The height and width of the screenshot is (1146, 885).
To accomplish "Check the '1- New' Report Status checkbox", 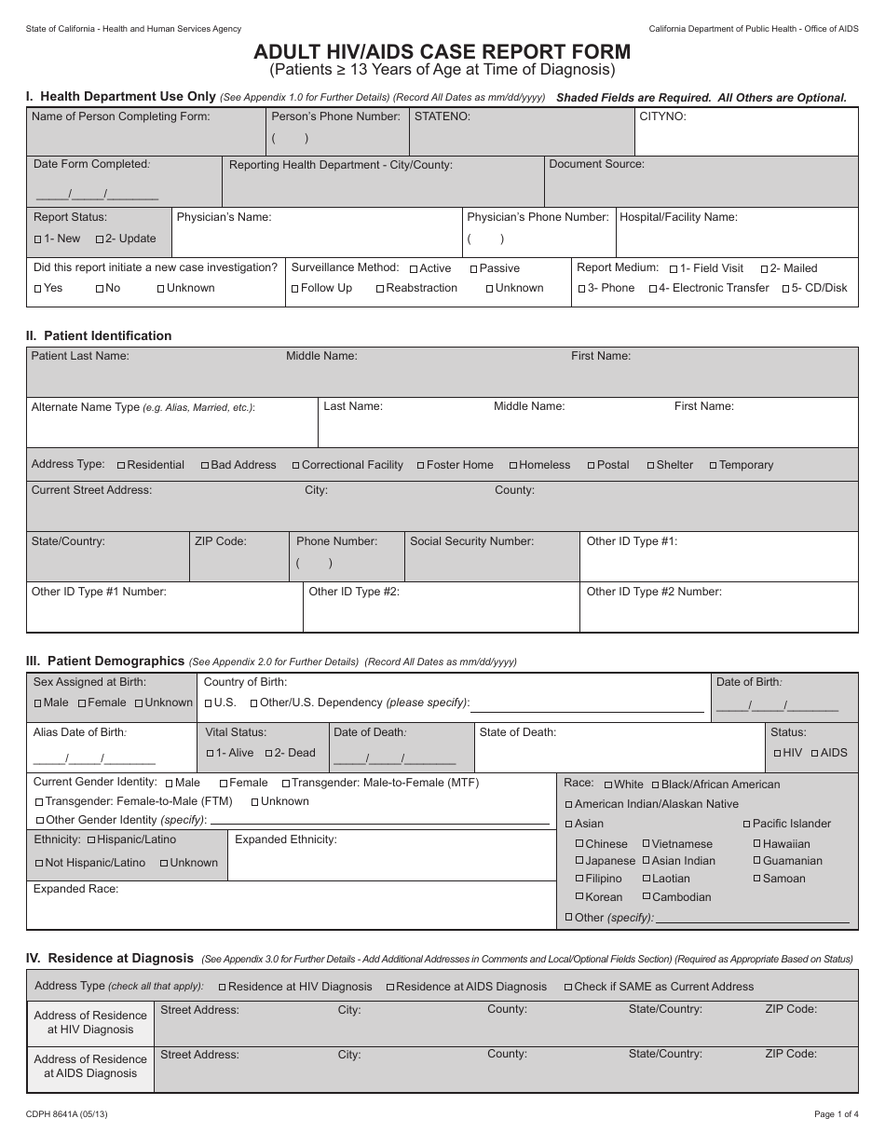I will (38, 239).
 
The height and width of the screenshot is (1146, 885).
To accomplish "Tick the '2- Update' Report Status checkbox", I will (100, 239).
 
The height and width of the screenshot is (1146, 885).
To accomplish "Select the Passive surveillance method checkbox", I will (473, 269).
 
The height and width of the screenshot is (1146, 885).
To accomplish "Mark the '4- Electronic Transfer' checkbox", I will (653, 289).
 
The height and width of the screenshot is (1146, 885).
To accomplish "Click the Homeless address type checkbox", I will (513, 466).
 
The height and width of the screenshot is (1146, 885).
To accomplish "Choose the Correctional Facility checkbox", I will (296, 466).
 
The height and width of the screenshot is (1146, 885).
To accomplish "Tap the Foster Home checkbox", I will (420, 466).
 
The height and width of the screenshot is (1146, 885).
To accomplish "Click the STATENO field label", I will (442, 117).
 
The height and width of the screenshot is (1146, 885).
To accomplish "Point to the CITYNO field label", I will (662, 117).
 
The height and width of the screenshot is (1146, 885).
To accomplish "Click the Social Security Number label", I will (471, 541).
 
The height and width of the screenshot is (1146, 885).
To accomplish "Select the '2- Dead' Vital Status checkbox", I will (268, 754).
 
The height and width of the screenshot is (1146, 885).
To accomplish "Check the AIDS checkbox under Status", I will (815, 753).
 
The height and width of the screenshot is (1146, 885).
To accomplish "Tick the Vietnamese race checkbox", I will (646, 844).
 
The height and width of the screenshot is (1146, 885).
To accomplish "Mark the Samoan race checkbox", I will (756, 879).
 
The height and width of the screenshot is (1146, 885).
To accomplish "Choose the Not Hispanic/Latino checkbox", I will (38, 864).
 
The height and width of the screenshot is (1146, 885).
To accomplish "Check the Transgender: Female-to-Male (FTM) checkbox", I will (38, 802).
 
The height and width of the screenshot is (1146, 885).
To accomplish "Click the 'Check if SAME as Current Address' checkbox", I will (568, 988).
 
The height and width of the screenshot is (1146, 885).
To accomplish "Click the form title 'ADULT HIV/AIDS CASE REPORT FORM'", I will (442, 52).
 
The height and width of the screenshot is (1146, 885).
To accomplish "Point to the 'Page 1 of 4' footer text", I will (835, 1114).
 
